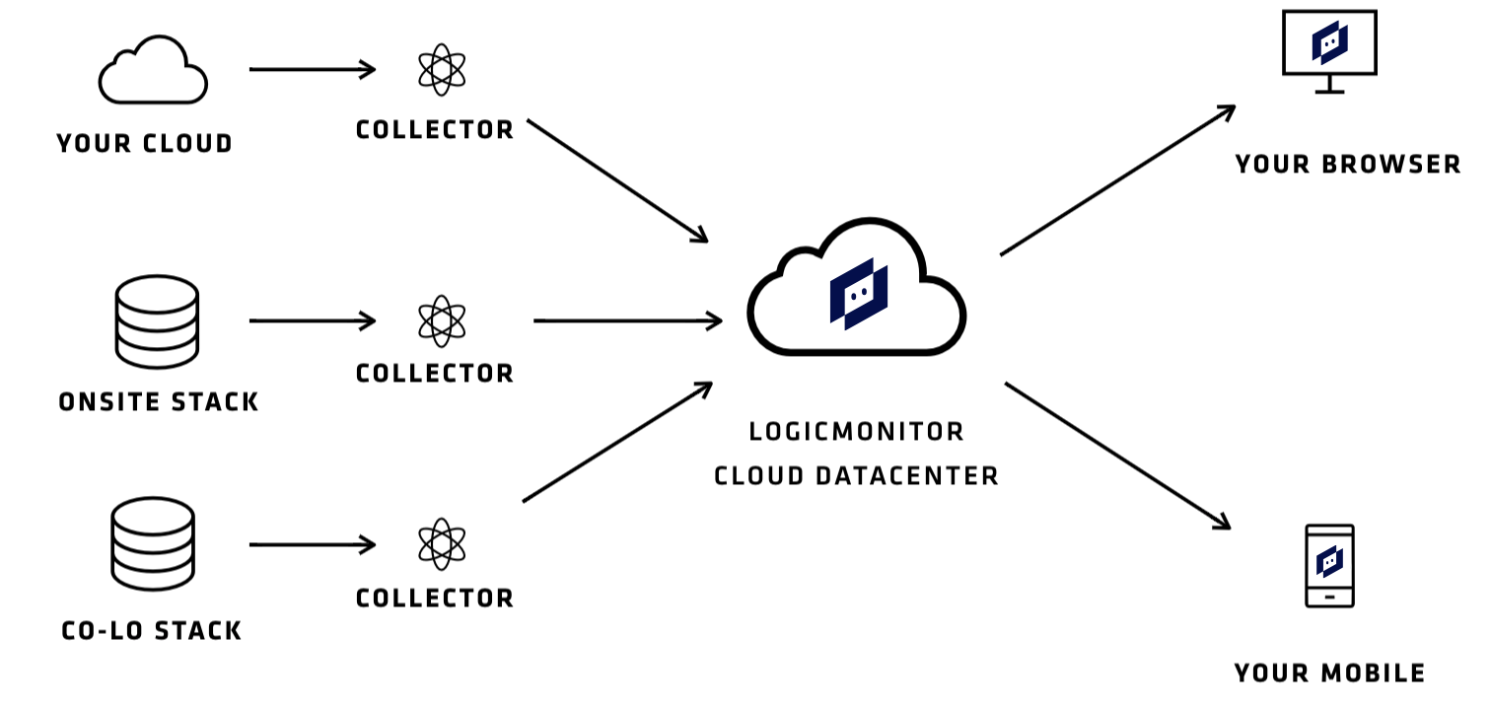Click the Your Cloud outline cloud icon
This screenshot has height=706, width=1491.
click(x=153, y=71)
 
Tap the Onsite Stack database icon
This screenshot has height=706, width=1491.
click(x=158, y=321)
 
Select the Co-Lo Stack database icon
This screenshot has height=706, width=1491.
click(x=153, y=544)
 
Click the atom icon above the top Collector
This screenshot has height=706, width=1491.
click(x=441, y=70)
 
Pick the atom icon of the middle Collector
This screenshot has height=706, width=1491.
click(x=441, y=321)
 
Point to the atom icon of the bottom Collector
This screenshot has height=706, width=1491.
click(x=441, y=544)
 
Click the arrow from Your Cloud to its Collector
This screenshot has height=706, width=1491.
click(x=312, y=70)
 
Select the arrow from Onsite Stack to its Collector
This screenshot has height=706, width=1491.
click(x=312, y=321)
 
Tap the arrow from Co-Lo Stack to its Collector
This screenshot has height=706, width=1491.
click(x=312, y=544)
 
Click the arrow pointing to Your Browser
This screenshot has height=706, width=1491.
click(x=1117, y=180)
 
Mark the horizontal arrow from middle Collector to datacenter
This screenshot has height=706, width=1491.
click(x=627, y=320)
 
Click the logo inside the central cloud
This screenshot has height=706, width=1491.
click(x=858, y=294)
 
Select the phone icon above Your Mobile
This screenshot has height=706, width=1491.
click(x=1329, y=565)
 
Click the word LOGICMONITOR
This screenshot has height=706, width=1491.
click(x=856, y=432)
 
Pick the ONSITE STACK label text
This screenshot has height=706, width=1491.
click(x=158, y=402)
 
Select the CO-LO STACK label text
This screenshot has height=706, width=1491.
click(x=152, y=631)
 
